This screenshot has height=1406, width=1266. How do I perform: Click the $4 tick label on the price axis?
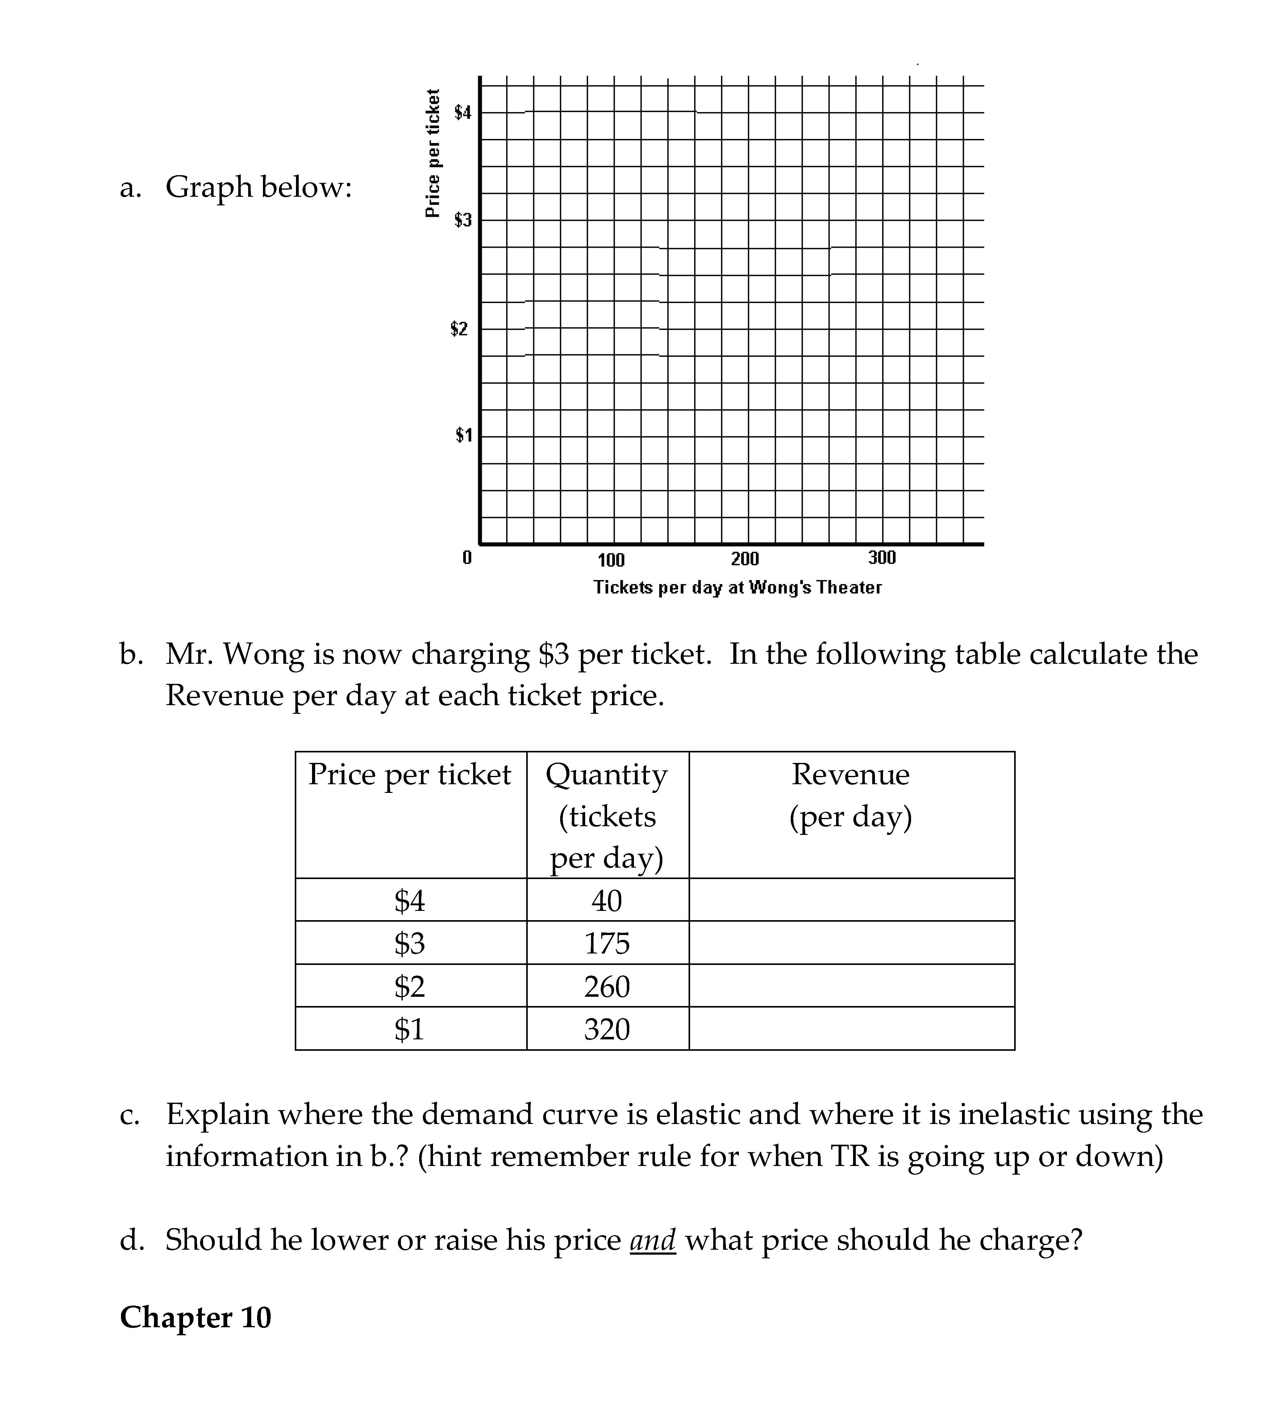coord(463,112)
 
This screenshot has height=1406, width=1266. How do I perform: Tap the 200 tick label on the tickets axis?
coord(745,559)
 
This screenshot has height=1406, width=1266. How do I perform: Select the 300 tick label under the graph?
coord(882,558)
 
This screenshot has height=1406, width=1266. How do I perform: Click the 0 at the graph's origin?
coord(467,558)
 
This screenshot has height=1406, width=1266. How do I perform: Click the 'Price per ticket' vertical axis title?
coord(433,153)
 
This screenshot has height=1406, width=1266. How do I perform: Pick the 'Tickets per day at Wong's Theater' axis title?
coord(737,587)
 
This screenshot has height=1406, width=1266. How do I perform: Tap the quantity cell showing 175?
coord(607,943)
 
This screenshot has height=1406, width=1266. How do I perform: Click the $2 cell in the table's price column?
coord(410,986)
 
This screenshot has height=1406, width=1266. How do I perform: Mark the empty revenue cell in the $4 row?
coord(852,900)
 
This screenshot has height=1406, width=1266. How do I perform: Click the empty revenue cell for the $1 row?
coord(852,1029)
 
